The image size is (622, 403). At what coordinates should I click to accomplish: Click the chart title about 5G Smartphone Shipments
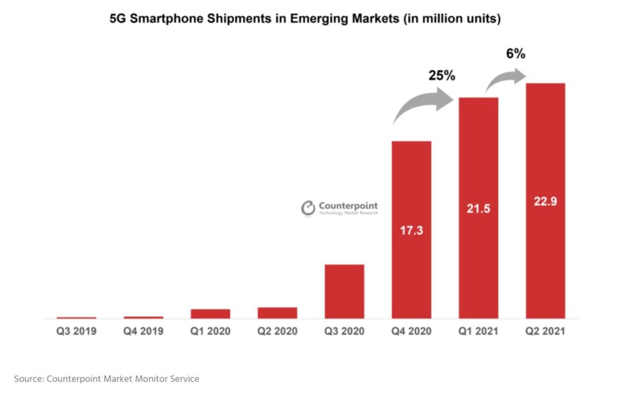click(x=305, y=19)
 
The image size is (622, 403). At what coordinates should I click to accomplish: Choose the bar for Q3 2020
click(x=344, y=291)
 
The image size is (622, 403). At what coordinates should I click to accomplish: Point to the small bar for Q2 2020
click(x=277, y=313)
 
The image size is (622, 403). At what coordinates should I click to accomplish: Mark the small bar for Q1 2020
click(x=210, y=314)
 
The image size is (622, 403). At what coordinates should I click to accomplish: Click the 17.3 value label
click(x=411, y=231)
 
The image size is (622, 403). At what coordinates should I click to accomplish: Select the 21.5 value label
click(x=478, y=208)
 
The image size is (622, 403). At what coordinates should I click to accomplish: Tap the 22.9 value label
click(x=545, y=201)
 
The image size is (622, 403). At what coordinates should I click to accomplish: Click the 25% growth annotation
click(x=442, y=76)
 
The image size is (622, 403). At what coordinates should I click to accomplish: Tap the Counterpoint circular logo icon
click(x=309, y=209)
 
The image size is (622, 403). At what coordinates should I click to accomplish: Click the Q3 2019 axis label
click(x=77, y=331)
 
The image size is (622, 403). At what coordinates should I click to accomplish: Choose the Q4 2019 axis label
click(x=143, y=331)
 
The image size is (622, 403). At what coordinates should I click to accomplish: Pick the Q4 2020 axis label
click(x=411, y=331)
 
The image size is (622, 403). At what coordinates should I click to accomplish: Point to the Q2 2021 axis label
click(x=545, y=331)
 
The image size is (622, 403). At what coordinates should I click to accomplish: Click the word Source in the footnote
click(x=28, y=379)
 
